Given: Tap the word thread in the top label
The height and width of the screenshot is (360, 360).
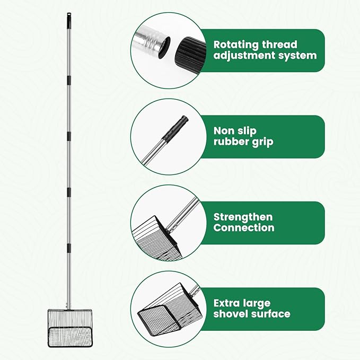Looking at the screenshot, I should [x=278, y=45].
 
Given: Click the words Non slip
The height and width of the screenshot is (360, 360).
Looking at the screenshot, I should [x=235, y=130].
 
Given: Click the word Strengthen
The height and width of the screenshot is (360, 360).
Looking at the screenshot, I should [x=243, y=216].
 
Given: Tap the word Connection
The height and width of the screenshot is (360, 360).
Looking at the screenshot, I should [x=244, y=228].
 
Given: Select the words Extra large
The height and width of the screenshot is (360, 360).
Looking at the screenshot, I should [x=242, y=303].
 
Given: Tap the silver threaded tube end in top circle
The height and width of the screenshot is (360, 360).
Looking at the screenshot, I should [x=151, y=42].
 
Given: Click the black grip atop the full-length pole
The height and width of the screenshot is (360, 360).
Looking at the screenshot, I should [x=69, y=19].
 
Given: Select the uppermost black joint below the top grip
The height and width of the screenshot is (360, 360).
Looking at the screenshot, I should [x=69, y=80].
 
